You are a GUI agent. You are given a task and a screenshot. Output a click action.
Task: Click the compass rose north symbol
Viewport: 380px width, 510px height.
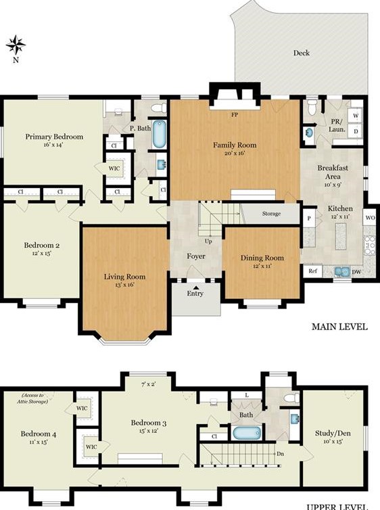pyautogui.click(x=16, y=45)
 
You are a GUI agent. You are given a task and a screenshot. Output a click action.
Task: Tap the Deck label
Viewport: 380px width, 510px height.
pyautogui.click(x=301, y=53)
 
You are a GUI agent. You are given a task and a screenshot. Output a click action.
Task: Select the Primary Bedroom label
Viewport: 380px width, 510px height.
pyautogui.click(x=54, y=137)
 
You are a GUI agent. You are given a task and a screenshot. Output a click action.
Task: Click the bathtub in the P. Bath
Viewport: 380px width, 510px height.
pyautogui.click(x=159, y=134)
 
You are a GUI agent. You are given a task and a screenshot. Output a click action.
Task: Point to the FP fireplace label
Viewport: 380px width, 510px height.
pyautogui.click(x=235, y=115)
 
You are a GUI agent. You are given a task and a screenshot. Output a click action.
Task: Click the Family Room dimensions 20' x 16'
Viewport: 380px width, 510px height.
pyautogui.click(x=235, y=154)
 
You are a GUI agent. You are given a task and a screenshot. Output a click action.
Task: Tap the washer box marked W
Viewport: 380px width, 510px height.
pyautogui.click(x=355, y=115)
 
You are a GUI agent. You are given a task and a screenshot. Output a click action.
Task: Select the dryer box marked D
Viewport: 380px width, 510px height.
pyautogui.click(x=355, y=130)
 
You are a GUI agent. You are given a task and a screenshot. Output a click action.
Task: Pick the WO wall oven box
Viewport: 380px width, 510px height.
pyautogui.click(x=370, y=218)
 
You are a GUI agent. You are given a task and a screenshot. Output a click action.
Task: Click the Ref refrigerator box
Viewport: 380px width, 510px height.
pyautogui.click(x=312, y=271)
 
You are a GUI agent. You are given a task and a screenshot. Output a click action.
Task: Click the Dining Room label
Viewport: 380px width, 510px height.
pyautogui.click(x=262, y=258)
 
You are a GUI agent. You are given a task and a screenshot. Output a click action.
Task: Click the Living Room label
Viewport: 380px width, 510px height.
pyautogui.click(x=124, y=276)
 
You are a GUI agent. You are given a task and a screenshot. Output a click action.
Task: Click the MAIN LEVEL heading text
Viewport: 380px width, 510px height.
pyautogui.click(x=339, y=327)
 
